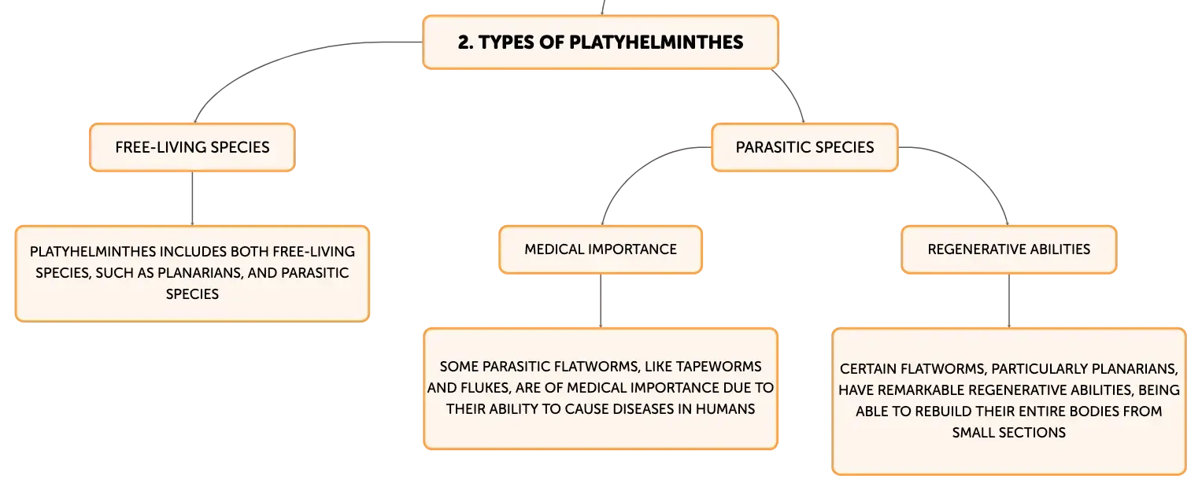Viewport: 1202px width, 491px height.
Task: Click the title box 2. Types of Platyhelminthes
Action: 601,42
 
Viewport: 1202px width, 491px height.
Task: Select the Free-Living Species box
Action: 192,147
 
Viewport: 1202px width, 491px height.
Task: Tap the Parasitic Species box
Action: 804,147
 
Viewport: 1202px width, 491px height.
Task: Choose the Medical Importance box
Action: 601,249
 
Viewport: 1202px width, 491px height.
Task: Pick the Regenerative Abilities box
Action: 1009,249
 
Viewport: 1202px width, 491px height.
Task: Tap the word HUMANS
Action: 725,409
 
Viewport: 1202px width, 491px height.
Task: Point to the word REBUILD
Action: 944,412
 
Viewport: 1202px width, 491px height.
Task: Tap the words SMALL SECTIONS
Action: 1009,433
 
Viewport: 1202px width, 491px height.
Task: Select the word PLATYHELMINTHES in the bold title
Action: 656,42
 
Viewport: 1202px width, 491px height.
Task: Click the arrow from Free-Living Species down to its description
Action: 192,198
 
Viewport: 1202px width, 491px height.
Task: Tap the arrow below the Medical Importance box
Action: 601,301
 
